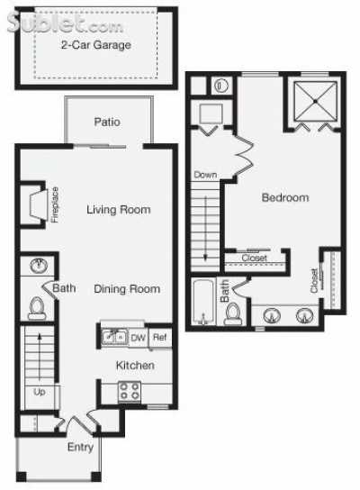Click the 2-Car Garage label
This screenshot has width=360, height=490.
point(95,44)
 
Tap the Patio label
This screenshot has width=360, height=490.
point(107,122)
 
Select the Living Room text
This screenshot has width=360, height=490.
point(118,210)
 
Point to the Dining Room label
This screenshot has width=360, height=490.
point(127,289)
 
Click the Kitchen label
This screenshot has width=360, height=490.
point(134,366)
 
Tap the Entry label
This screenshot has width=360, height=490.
point(80,446)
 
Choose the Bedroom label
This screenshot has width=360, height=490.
point(285,197)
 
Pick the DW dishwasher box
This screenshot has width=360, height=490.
point(138,338)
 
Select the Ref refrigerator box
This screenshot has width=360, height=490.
point(159,338)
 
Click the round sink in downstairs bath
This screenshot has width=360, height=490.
point(38,268)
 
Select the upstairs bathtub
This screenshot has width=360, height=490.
point(202,304)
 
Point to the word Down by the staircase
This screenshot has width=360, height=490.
point(205,175)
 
